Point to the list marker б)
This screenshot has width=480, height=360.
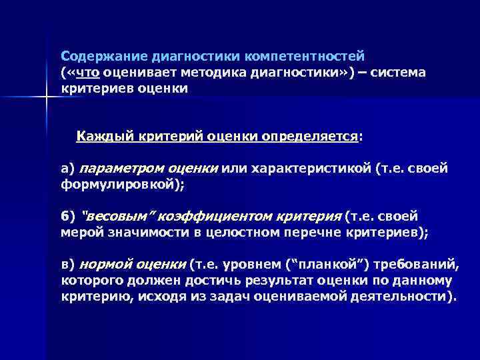(68, 217)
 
